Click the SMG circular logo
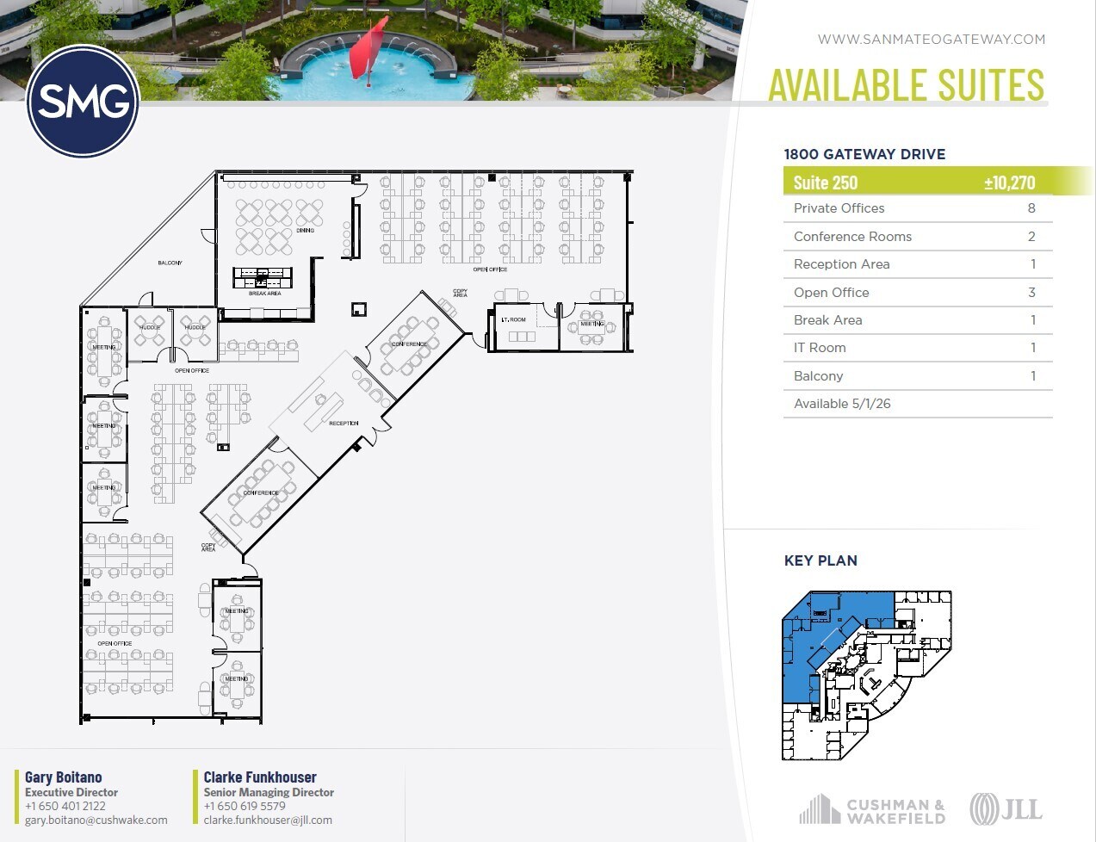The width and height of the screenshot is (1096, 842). coord(83,102)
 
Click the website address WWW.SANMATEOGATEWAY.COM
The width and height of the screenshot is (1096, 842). coord(931,39)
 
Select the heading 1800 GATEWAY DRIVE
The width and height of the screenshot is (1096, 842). coord(864,154)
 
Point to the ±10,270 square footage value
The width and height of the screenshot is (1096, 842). coord(1009,183)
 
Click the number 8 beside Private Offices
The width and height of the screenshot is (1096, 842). coord(1031,208)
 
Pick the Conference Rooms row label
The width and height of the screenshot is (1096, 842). coord(852,237)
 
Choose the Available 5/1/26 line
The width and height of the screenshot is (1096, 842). coord(841,404)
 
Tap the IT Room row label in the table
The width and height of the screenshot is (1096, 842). coord(820,348)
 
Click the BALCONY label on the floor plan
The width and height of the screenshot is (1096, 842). coord(170,263)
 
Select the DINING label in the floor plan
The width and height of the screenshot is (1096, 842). coord(305,231)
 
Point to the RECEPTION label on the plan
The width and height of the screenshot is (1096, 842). coord(344,424)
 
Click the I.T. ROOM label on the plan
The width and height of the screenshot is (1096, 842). coord(513,319)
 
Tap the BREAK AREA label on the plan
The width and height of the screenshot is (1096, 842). coord(264,294)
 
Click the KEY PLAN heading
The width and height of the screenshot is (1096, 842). coord(820,560)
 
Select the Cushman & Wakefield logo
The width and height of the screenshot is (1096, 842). coord(872,810)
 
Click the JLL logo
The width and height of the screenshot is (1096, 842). coord(1006,809)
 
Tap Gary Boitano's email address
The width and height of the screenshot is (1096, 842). coord(96,820)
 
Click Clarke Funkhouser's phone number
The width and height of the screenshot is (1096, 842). coord(245,807)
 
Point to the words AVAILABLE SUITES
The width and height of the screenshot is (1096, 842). coord(906,84)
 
